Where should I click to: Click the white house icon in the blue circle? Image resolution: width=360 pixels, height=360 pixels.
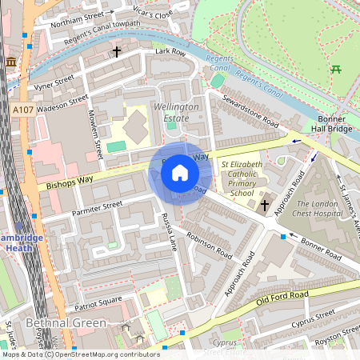click(180, 173)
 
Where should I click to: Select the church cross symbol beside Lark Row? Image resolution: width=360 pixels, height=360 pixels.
click(117, 52)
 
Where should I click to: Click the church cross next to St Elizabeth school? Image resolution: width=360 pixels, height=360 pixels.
click(265, 206)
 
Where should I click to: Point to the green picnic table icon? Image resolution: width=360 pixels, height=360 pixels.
click(336, 69)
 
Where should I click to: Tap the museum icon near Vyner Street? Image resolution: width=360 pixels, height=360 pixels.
click(11, 62)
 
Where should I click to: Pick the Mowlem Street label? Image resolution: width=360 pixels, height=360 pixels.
click(95, 132)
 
